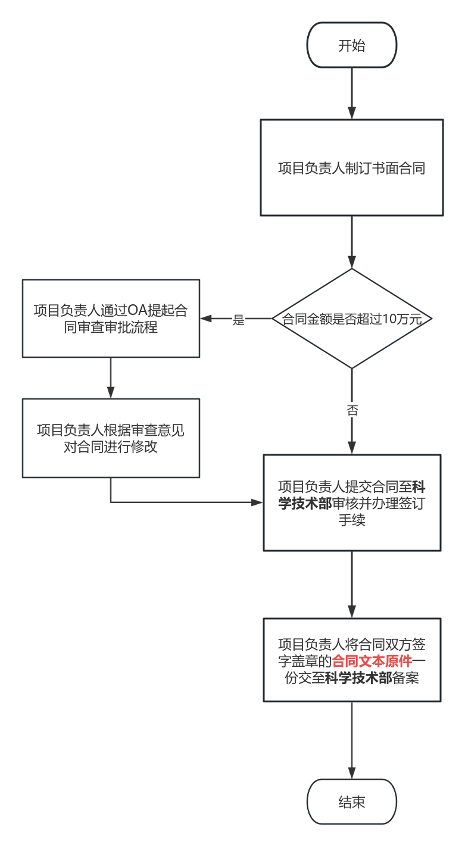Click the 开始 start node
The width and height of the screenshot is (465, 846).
point(351,46)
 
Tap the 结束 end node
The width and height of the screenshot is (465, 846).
point(351,802)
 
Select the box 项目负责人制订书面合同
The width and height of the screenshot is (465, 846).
point(351,168)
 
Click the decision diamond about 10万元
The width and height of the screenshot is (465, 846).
point(351,319)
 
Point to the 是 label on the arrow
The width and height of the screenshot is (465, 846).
point(238,320)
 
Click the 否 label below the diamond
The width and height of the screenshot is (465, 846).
point(352,410)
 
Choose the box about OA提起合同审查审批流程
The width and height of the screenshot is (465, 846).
point(111,319)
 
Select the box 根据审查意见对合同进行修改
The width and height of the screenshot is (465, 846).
point(111,438)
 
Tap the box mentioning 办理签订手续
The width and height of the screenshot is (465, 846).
point(352,503)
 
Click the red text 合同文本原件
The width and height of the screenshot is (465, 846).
point(372,661)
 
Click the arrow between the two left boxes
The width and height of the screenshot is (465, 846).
point(111,378)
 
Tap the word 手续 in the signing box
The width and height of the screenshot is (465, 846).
point(351,520)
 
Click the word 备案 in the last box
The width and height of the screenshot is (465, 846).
point(405,678)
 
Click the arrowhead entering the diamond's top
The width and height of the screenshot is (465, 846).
point(352,263)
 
